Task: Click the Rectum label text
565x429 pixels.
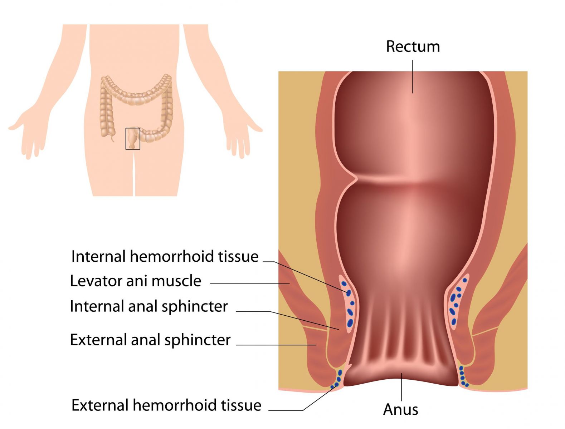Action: (x=413, y=46)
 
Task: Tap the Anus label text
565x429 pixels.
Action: (x=400, y=409)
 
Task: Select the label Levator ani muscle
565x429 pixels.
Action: (x=136, y=281)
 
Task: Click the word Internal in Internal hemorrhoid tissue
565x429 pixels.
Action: (x=99, y=256)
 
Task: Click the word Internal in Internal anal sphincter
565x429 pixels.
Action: (x=98, y=306)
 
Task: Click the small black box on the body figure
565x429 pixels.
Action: (x=133, y=139)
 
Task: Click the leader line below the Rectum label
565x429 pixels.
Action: (x=413, y=77)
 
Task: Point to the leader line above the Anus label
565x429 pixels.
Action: (x=401, y=387)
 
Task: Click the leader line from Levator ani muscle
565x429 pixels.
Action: (x=250, y=284)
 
